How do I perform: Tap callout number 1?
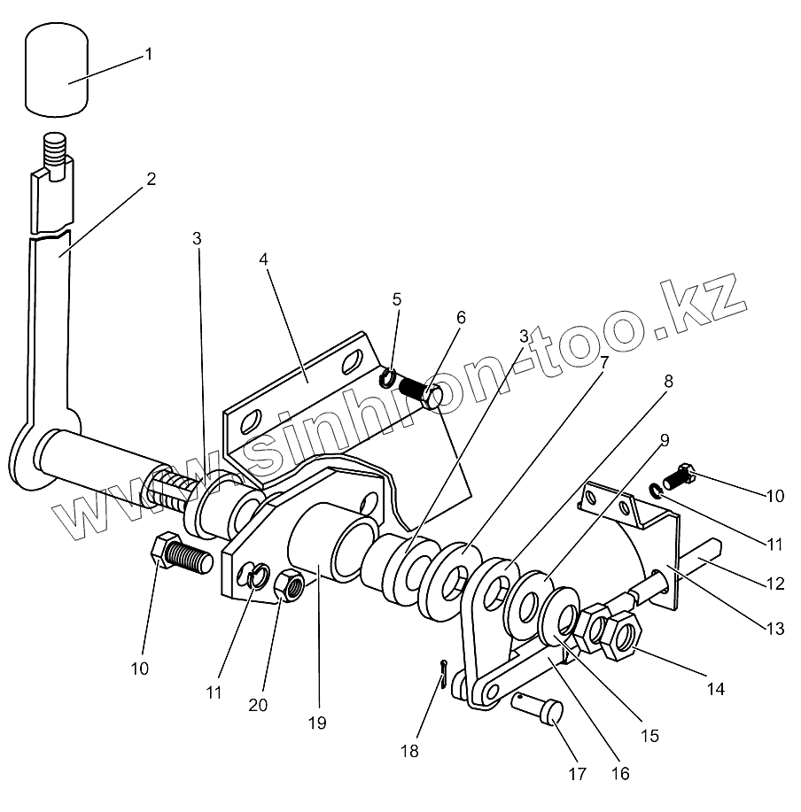coord(148,55)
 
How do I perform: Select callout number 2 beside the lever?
coord(152,179)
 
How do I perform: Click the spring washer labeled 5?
coord(388,378)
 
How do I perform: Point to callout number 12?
coord(775,584)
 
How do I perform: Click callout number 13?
coord(775,629)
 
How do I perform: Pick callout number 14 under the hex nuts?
coord(716,688)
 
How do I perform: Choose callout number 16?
coord(619,773)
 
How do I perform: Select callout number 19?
coord(317,723)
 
